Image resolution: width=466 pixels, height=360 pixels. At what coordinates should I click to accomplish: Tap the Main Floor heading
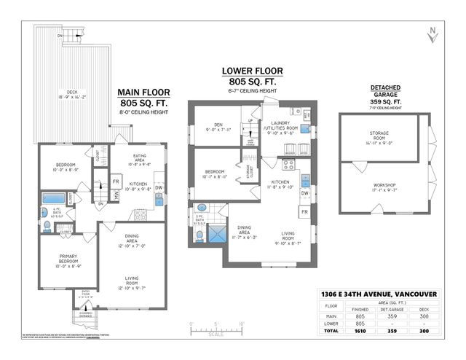143,93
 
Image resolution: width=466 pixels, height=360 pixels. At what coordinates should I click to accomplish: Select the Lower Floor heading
252,71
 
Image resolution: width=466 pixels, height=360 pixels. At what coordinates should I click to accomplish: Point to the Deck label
73,52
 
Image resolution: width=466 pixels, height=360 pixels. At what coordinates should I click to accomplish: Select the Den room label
213,126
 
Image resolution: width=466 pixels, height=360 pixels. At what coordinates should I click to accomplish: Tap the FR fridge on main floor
116,181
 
